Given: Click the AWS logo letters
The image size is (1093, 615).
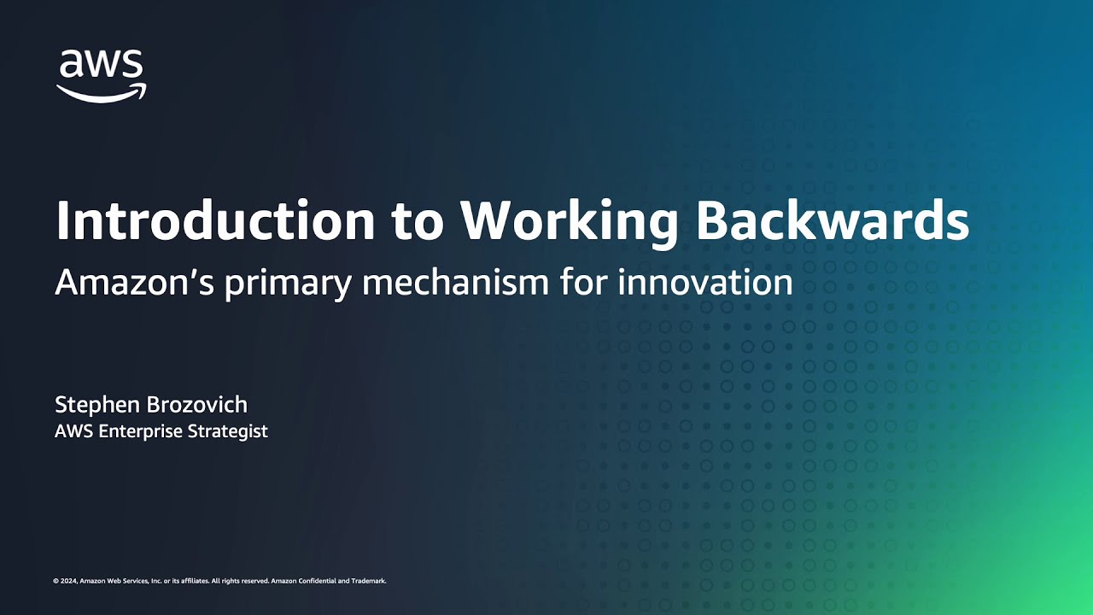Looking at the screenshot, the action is click(x=101, y=63).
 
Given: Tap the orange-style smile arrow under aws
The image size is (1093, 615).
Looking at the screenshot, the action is click(x=101, y=95).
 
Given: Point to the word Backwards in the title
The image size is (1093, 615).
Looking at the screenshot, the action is click(x=833, y=220).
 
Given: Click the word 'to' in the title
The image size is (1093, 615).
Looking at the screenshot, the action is click(x=418, y=223).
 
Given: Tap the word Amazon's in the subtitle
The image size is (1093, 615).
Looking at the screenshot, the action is click(x=135, y=282).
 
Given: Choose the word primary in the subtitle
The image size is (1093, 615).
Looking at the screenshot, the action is click(x=288, y=284).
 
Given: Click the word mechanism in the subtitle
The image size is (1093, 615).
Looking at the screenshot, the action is click(x=456, y=282).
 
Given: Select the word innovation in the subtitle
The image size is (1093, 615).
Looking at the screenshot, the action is click(x=705, y=282).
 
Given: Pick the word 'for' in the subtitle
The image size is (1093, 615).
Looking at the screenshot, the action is click(x=583, y=282).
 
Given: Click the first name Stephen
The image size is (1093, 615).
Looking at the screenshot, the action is click(x=97, y=406).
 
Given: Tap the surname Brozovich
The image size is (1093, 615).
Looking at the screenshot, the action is click(x=197, y=405).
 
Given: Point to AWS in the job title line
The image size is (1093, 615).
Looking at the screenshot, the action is click(x=74, y=431).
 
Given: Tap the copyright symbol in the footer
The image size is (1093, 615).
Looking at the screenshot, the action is click(x=56, y=581).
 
